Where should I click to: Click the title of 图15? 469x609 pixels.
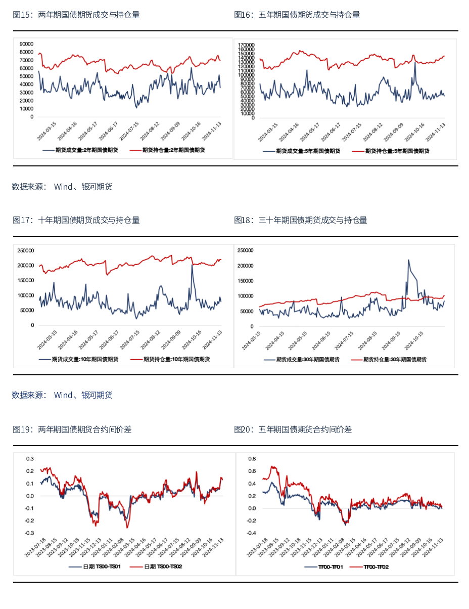76,15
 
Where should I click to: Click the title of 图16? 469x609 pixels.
297,15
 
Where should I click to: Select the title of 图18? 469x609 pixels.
300,220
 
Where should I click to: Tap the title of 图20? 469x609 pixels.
293,429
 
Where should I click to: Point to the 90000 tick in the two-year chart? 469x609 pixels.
26,44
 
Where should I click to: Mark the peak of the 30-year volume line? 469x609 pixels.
408,260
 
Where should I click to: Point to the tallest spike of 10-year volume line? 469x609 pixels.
192,266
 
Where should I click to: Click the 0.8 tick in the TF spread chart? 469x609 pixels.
252,459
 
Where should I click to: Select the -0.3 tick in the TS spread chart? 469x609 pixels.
29,533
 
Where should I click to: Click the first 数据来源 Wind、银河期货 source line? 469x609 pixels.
62,187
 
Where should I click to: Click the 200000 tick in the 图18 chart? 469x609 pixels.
245,266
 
